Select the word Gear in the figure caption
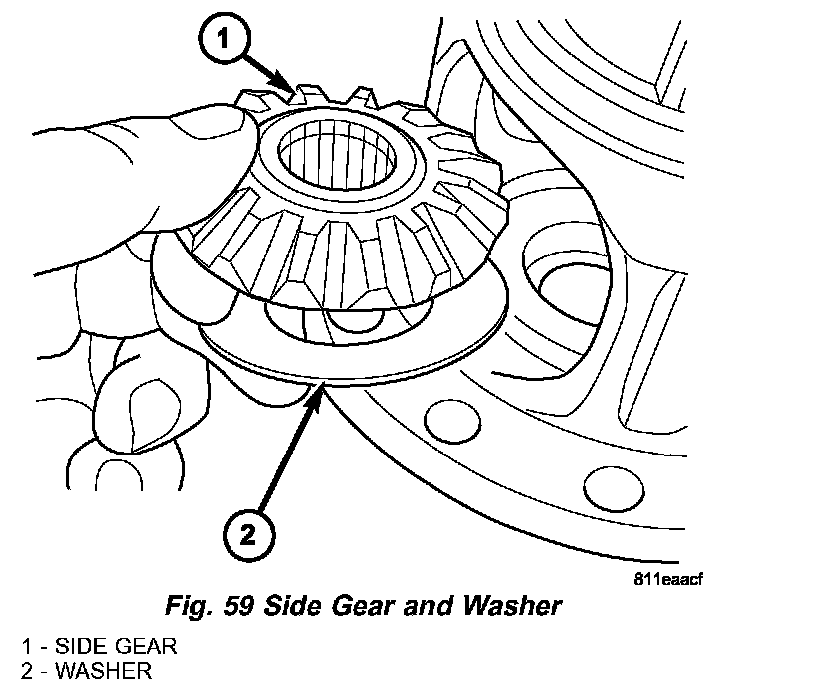pos(370,605)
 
